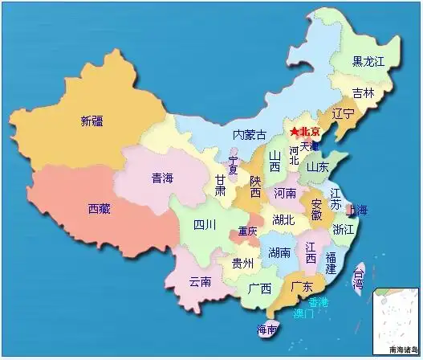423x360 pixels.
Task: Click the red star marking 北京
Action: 295,132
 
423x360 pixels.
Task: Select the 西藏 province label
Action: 100,209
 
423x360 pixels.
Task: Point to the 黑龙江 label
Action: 370,61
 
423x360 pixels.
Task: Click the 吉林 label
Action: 364,92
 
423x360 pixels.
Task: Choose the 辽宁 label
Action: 342,115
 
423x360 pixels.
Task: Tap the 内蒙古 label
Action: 250,134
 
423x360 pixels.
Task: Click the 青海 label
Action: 163,178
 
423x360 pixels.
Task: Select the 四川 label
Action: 204,225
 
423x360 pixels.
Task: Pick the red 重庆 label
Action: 247,231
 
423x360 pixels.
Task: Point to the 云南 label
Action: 200,282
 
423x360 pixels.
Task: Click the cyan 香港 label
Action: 318,301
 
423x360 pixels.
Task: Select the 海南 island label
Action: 267,329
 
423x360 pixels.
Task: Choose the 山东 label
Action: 318,168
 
